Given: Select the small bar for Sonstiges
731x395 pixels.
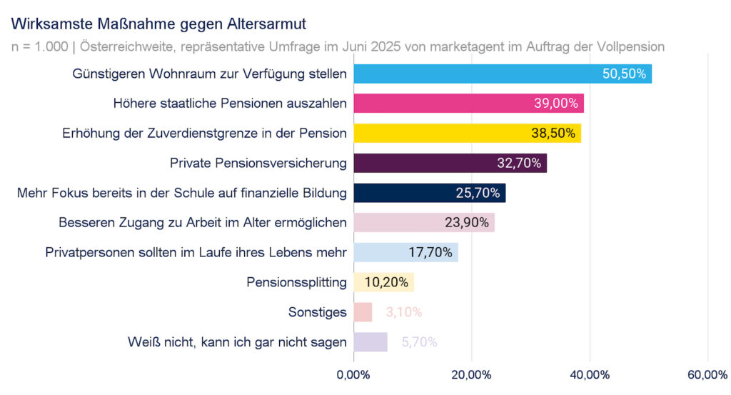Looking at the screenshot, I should tap(363, 312).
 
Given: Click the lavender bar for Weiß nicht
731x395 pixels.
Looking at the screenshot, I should tap(370, 342).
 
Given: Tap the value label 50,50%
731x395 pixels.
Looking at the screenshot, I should tap(623, 74).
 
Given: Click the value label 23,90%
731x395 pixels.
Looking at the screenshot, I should tap(467, 223).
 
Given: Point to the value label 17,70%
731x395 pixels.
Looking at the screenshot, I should tap(430, 252).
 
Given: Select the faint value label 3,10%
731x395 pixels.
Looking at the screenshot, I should tap(404, 312).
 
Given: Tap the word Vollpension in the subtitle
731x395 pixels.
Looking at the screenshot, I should tap(629, 47).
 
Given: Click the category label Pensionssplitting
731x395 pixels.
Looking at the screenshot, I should tap(296, 282).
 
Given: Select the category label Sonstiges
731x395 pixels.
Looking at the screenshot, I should tap(318, 312).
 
